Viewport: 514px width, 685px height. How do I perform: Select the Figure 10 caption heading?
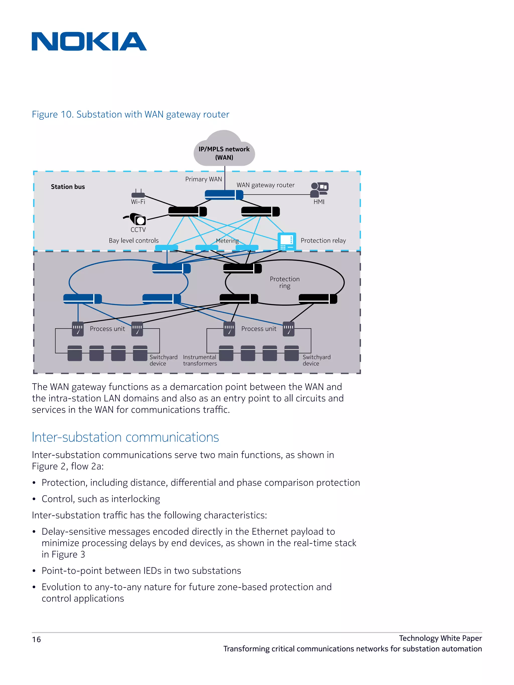pos(130,114)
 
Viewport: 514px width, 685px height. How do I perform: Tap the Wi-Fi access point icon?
pos(138,194)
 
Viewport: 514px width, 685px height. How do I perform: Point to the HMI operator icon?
pos(319,190)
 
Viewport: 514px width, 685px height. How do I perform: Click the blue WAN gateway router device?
pos(224,195)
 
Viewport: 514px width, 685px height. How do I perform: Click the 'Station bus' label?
pos(68,187)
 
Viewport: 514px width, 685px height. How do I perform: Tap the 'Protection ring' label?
pos(285,282)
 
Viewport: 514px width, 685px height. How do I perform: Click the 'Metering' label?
pos(227,241)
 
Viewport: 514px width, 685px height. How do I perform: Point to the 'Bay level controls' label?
pos(134,241)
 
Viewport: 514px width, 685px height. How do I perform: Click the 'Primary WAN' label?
pos(203,179)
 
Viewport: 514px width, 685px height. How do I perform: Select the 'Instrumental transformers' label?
pos(200,360)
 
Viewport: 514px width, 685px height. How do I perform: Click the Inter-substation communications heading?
pos(125,437)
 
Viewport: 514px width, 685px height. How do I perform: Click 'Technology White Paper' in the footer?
pos(440,638)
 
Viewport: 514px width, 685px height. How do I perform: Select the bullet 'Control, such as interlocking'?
pos(101,499)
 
